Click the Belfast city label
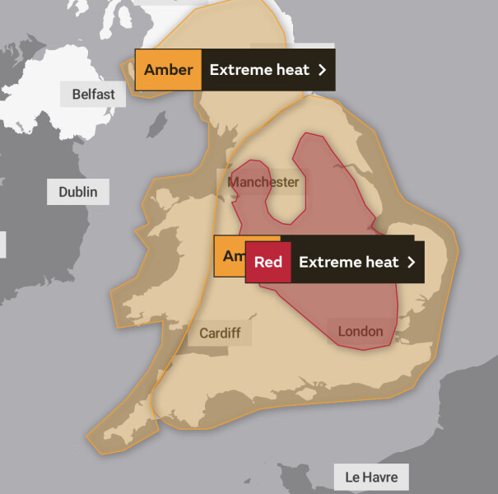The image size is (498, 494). (x=93, y=94)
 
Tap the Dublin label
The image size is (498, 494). (x=78, y=193)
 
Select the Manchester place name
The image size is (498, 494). (x=263, y=182)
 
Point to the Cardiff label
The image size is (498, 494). (x=220, y=333)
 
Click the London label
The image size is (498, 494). (x=361, y=331)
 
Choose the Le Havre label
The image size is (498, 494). (x=370, y=477)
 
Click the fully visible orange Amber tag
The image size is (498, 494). (x=168, y=70)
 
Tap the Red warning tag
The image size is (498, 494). (x=268, y=263)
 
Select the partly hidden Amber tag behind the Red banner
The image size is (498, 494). (x=230, y=256)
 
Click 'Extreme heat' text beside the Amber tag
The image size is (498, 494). (x=259, y=70)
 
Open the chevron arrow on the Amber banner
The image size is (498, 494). (x=323, y=70)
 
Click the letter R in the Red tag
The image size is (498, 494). (x=258, y=263)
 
